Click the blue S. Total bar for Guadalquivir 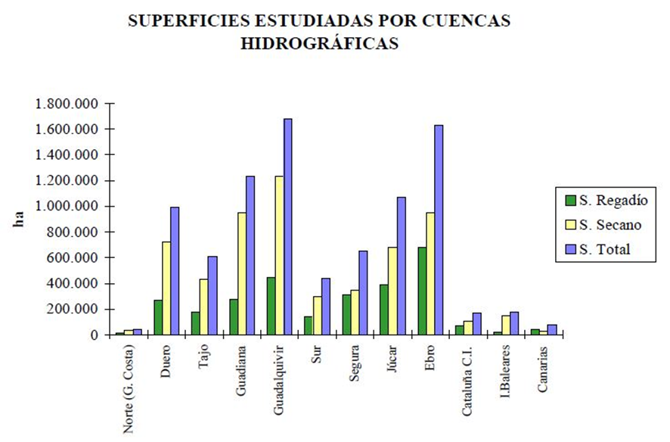(288, 227)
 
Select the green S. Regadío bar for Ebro (422, 291)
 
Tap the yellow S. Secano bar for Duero (166, 288)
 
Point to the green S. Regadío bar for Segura (346, 314)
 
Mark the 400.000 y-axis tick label (73, 284)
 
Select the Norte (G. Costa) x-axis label (129, 390)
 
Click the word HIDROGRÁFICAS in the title (319, 43)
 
